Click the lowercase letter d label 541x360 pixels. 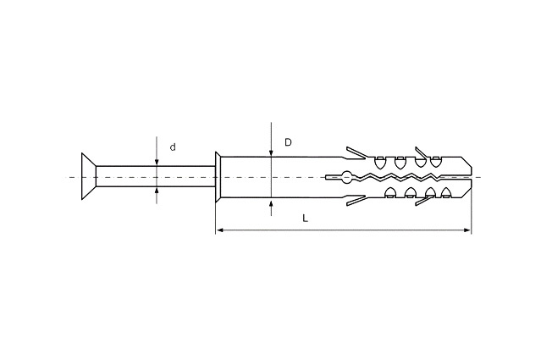[x=173, y=147]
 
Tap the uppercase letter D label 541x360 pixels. [x=288, y=142]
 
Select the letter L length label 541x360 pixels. [x=305, y=219]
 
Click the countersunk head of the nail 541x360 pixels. [x=89, y=176]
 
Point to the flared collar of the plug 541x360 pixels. [x=218, y=177]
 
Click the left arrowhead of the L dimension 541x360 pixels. [x=219, y=230]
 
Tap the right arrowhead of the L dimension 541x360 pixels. [x=467, y=230]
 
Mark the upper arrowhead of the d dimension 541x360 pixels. [x=157, y=163]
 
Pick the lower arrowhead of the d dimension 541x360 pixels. [x=157, y=191]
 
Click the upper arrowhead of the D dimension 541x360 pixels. [x=272, y=153]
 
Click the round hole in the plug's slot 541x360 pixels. [x=346, y=177]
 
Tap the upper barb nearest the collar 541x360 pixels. [x=356, y=153]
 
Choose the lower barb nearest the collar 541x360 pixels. [x=356, y=201]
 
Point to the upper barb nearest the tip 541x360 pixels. [x=422, y=153]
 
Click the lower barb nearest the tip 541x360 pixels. [x=423, y=201]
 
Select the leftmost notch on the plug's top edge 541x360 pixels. [x=380, y=163]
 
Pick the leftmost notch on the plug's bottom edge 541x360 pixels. [x=390, y=192]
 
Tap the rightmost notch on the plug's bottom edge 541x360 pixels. [x=446, y=192]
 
